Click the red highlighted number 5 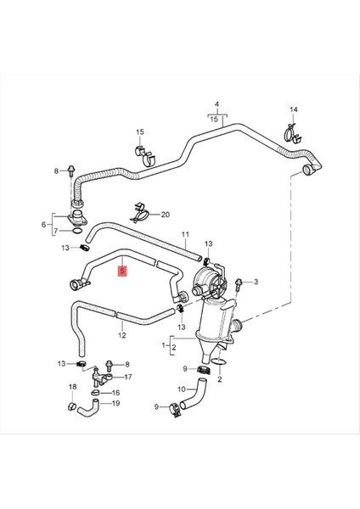pyautogui.click(x=123, y=272)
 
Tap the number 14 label pyautogui.click(x=294, y=110)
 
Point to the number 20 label pyautogui.click(x=165, y=215)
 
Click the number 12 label pyautogui.click(x=121, y=335)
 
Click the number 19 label pyautogui.click(x=116, y=404)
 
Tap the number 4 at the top pyautogui.click(x=217, y=104)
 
